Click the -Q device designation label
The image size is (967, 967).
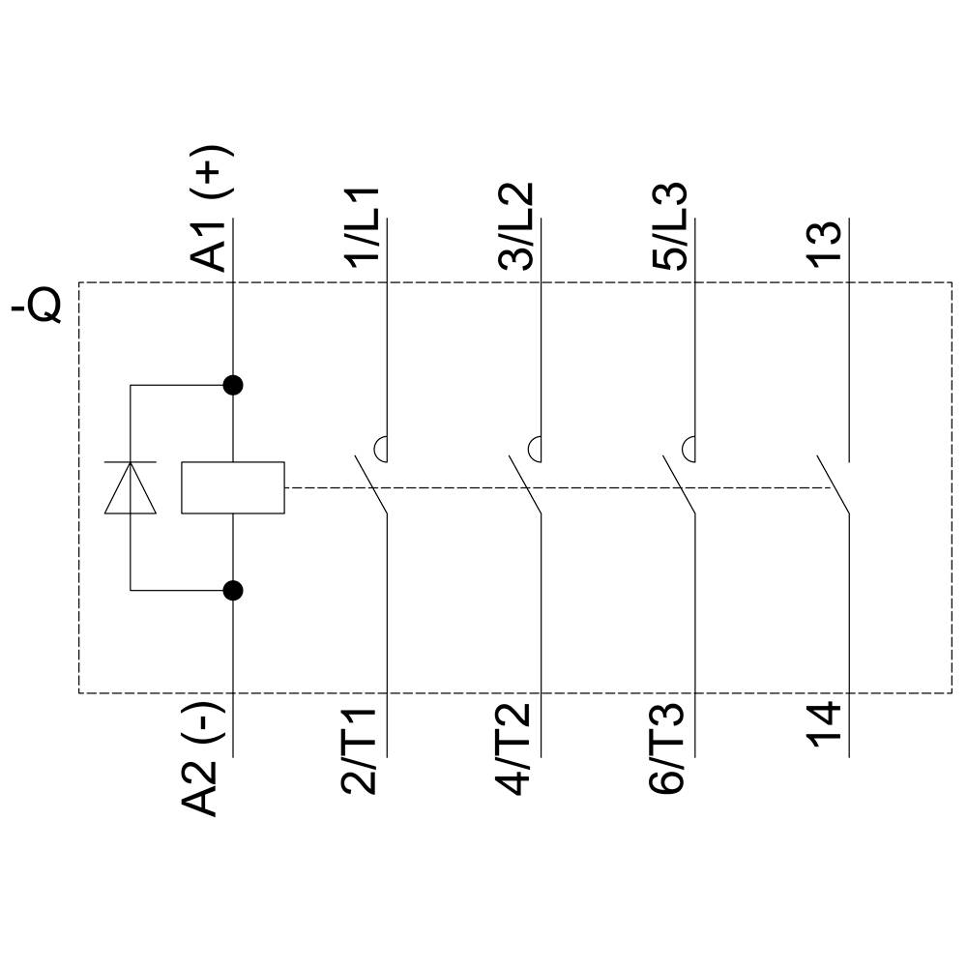click(38, 303)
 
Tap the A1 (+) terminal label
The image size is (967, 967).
click(210, 208)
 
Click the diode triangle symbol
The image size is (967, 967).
click(131, 487)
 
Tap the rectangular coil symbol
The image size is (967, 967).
click(233, 487)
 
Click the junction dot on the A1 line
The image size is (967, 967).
click(233, 385)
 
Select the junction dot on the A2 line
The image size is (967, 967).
click(233, 590)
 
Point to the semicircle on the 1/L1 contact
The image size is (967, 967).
click(380, 449)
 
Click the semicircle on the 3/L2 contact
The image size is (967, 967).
click(535, 449)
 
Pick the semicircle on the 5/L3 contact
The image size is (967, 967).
click(689, 449)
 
